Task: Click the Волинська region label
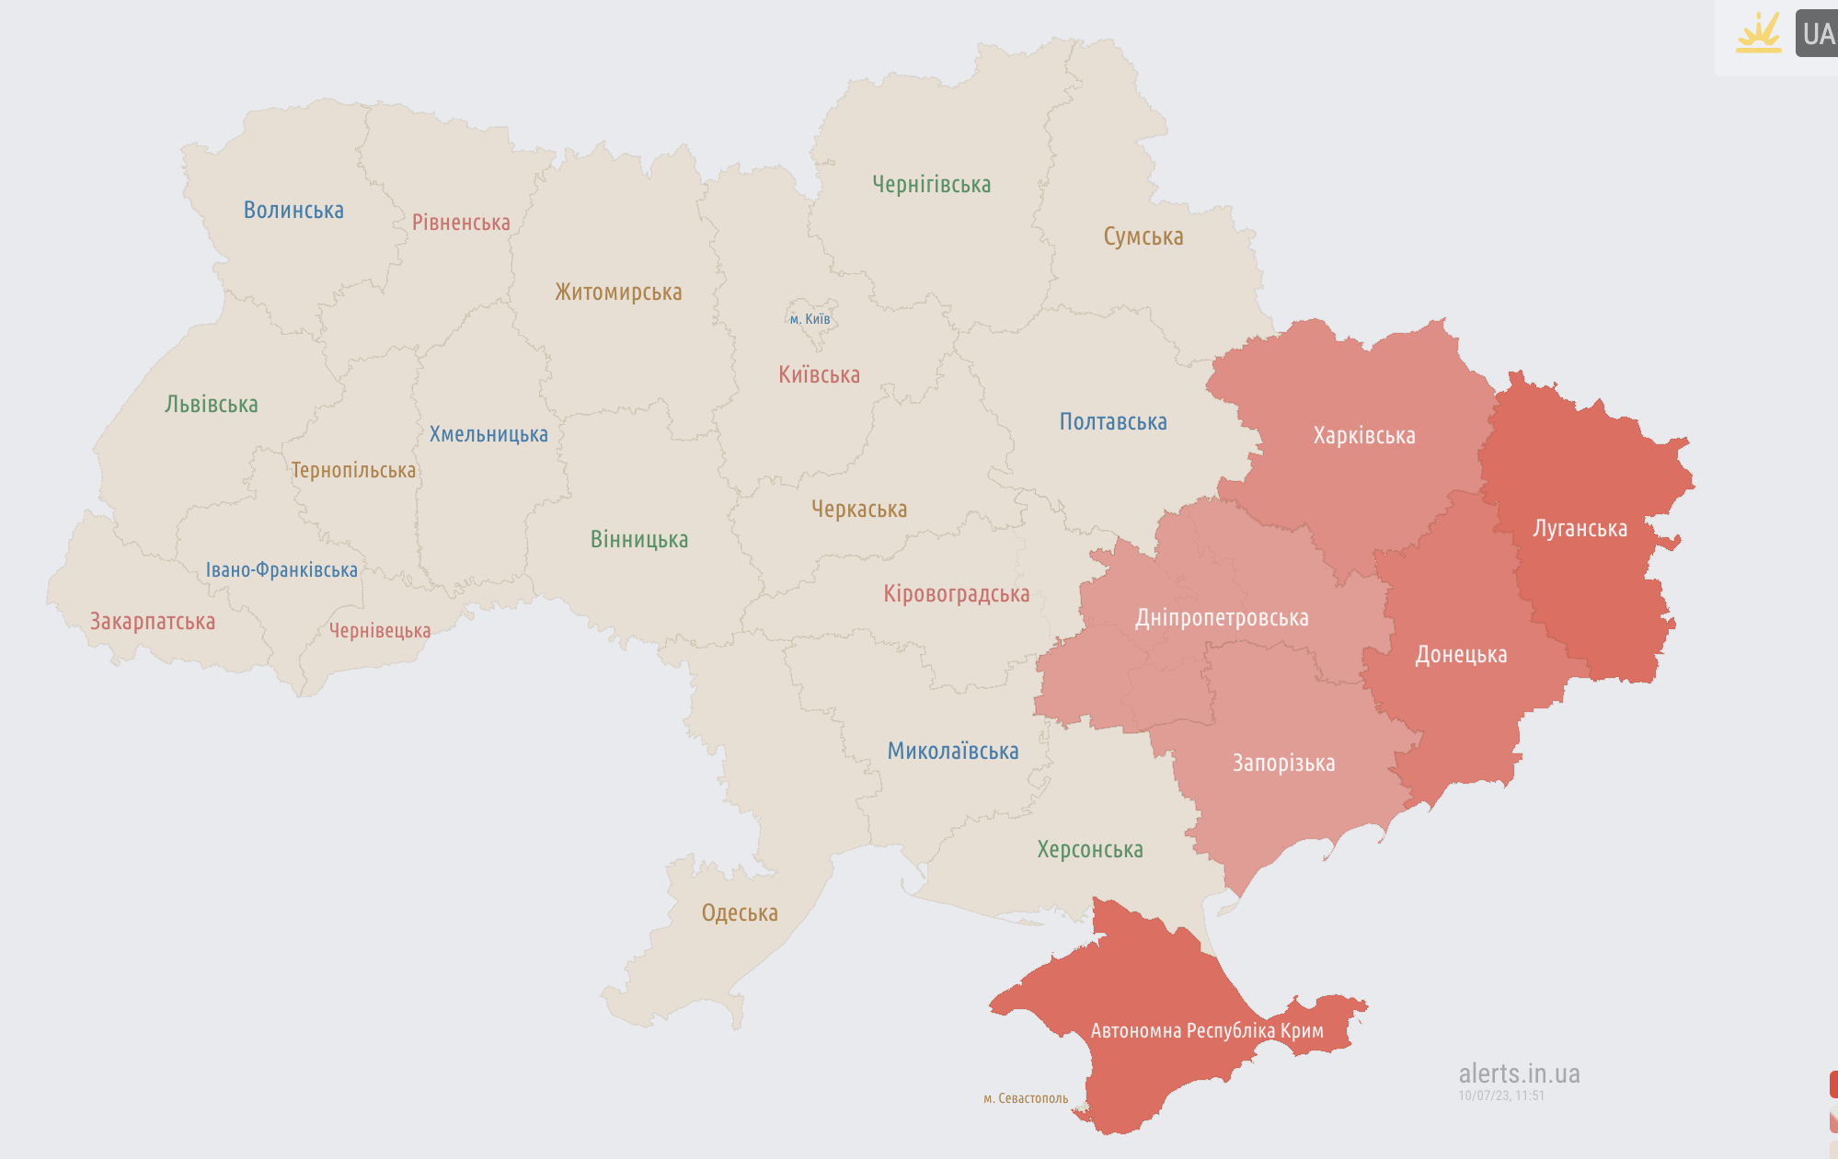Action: point(293,211)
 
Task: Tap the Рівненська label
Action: point(461,223)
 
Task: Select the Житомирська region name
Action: point(618,293)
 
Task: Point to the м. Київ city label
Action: point(810,319)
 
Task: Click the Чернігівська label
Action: point(931,185)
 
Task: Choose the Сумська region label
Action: point(1143,237)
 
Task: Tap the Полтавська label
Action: point(1113,422)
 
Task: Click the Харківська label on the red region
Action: point(1364,436)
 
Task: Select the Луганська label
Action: point(1580,529)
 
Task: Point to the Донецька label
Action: point(1461,655)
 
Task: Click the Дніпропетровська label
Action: point(1222,618)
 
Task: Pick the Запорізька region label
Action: point(1283,763)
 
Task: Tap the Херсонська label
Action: point(1090,850)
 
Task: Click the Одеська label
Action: point(740,913)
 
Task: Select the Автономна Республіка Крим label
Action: point(1207,1031)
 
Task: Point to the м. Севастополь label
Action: point(1026,1098)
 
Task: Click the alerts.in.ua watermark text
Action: point(1519,1073)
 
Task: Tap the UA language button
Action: point(1818,34)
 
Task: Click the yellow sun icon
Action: point(1758,33)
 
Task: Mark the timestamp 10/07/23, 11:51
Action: point(1500,1096)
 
